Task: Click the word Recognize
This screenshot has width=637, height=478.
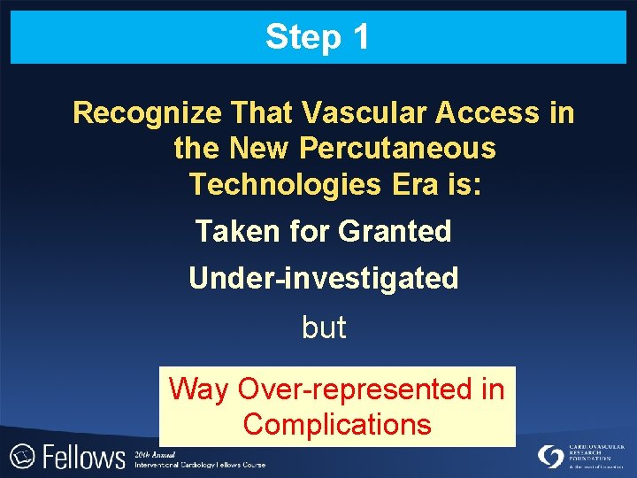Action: pyautogui.click(x=147, y=113)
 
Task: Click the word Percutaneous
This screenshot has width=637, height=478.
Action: pyautogui.click(x=398, y=149)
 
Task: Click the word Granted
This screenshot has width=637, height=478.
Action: pyautogui.click(x=395, y=231)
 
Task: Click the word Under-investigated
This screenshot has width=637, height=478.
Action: pyautogui.click(x=323, y=279)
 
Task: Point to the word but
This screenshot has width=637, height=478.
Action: pyautogui.click(x=324, y=328)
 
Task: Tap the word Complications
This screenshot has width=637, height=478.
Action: pyautogui.click(x=337, y=424)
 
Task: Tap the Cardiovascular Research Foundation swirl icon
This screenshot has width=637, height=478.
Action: pyautogui.click(x=550, y=457)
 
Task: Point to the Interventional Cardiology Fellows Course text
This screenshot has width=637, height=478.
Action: pyautogui.click(x=199, y=464)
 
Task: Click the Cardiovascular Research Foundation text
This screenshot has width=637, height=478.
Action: pyautogui.click(x=596, y=453)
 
